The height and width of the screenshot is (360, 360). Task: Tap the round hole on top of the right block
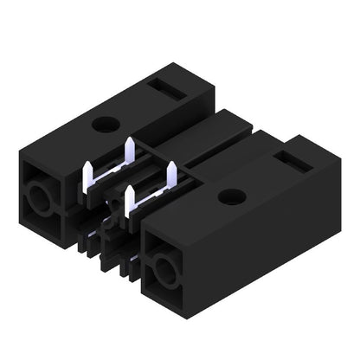[x=229, y=196]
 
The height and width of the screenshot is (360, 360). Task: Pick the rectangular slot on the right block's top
[x=286, y=159]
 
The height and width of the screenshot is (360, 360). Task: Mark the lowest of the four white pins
[x=131, y=201]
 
